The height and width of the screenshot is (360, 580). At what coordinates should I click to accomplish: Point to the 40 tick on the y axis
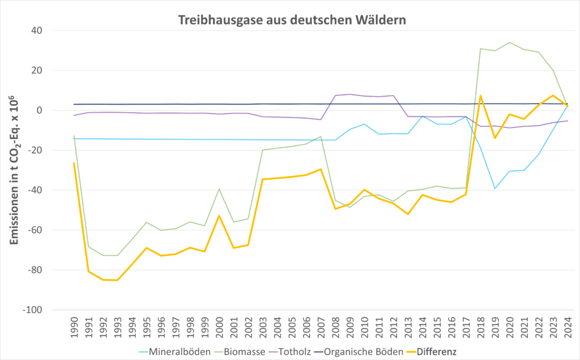click(44, 31)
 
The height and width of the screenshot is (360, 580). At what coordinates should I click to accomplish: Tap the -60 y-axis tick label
click(42, 230)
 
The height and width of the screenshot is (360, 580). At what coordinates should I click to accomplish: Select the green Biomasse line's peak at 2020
click(509, 42)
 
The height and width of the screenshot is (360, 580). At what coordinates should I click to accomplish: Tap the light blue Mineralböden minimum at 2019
click(495, 188)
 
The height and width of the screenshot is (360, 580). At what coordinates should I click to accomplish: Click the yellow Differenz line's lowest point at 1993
click(117, 280)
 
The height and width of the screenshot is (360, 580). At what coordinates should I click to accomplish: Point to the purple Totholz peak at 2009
click(349, 95)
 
